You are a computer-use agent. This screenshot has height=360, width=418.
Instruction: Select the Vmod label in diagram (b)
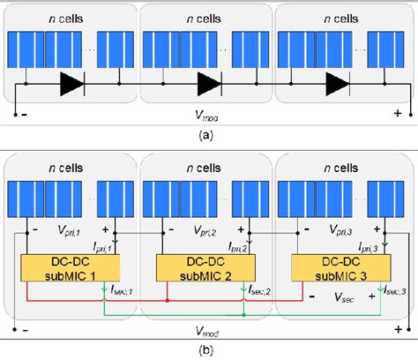[209, 334]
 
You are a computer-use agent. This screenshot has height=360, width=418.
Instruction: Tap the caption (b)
[209, 351]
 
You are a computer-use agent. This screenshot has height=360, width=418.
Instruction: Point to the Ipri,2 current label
[256, 250]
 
